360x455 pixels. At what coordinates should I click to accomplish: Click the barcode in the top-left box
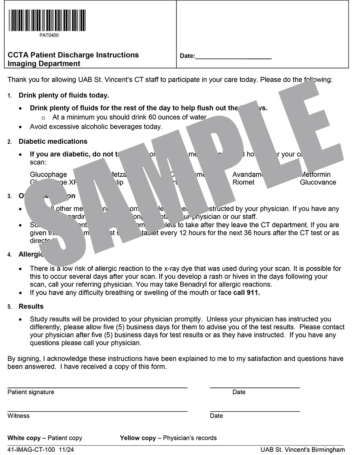click(x=46, y=20)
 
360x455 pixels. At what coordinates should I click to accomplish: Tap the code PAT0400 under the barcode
click(x=49, y=35)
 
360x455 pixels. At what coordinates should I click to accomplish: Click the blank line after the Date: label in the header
click(x=233, y=58)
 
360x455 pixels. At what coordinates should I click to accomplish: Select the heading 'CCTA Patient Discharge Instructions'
click(x=73, y=55)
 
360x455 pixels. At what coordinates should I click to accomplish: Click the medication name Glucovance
click(x=318, y=182)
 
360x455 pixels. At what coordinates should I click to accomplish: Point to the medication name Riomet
click(x=243, y=182)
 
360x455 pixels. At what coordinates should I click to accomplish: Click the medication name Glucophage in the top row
click(x=48, y=174)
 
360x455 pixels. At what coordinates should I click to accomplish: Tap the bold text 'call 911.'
click(x=247, y=293)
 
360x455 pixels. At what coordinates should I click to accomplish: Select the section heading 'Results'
click(x=31, y=307)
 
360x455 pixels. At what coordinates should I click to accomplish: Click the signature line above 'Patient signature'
click(x=97, y=388)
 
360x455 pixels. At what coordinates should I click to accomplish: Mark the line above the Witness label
click(x=97, y=411)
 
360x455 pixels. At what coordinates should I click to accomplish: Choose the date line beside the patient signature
click(x=255, y=388)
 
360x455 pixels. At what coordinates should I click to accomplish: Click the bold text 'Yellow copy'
click(x=138, y=438)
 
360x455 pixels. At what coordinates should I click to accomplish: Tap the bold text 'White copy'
click(x=24, y=438)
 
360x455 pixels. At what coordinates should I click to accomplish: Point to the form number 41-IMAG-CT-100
click(x=31, y=450)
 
